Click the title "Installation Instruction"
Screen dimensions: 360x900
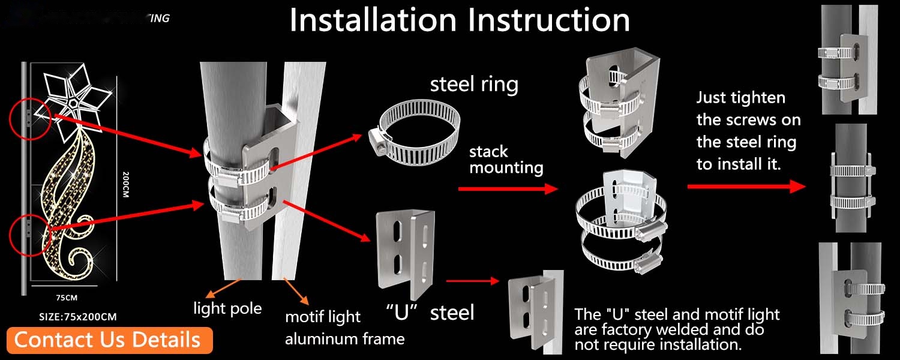point(460,20)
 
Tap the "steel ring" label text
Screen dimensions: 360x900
point(474,85)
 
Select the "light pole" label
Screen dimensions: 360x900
point(227,308)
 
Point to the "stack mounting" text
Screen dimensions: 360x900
point(506,159)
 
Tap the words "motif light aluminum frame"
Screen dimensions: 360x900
point(344,328)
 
